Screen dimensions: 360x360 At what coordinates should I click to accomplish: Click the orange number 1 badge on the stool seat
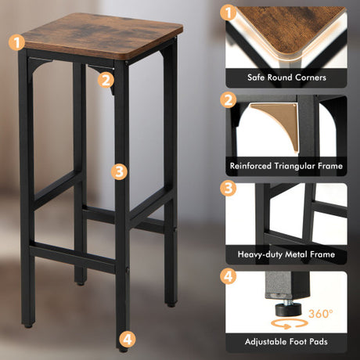click(x=16, y=42)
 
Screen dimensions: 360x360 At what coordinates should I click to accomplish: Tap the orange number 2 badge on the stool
click(x=106, y=80)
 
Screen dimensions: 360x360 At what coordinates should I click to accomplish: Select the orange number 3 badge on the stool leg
click(x=119, y=171)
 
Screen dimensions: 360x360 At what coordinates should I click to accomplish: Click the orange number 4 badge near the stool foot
click(x=128, y=340)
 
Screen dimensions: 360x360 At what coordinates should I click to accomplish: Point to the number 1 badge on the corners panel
click(x=229, y=13)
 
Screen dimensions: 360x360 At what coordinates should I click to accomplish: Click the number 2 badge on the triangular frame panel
click(x=229, y=100)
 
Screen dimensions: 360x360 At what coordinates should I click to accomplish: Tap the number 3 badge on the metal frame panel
click(x=229, y=189)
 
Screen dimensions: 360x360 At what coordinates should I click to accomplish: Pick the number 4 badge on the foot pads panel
click(x=229, y=276)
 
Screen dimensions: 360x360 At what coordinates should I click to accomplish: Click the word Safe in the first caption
click(x=256, y=77)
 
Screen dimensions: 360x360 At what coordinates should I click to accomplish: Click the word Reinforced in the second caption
click(x=250, y=166)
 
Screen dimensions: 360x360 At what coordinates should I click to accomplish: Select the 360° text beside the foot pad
click(x=321, y=313)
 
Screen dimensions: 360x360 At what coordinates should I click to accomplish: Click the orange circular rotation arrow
click(x=289, y=324)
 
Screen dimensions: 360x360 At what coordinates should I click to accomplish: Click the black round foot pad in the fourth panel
click(x=288, y=310)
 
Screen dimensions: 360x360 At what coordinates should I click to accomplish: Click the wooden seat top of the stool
click(x=102, y=35)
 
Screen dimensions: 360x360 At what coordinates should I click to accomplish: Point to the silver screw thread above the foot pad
click(x=287, y=302)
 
